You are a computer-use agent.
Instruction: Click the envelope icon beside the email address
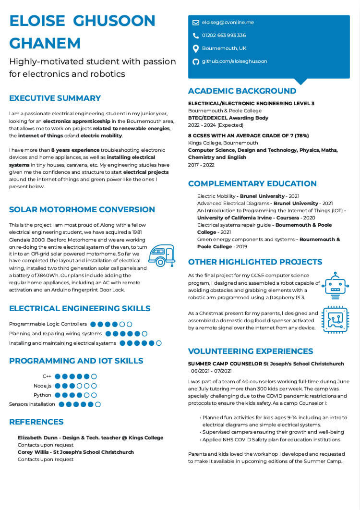click(196, 23)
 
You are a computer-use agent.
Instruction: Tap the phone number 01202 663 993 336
click(224, 36)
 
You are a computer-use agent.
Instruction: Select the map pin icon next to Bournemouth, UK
click(196, 49)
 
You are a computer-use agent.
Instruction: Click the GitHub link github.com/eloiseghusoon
click(234, 61)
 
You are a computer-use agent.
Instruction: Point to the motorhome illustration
click(161, 255)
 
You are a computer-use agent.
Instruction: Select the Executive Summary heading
click(55, 98)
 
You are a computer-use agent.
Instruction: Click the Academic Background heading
click(242, 91)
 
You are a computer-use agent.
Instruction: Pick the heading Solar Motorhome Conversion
click(82, 210)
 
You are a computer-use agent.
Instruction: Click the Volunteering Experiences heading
click(250, 351)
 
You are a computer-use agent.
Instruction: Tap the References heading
click(36, 422)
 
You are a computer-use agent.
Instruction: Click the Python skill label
click(42, 395)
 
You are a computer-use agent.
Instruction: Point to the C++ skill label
click(47, 376)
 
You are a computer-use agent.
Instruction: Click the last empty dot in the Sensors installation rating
click(98, 404)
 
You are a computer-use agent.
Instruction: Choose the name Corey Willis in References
click(33, 452)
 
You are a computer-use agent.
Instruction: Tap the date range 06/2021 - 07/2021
click(211, 371)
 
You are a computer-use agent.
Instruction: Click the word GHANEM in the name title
click(45, 43)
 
